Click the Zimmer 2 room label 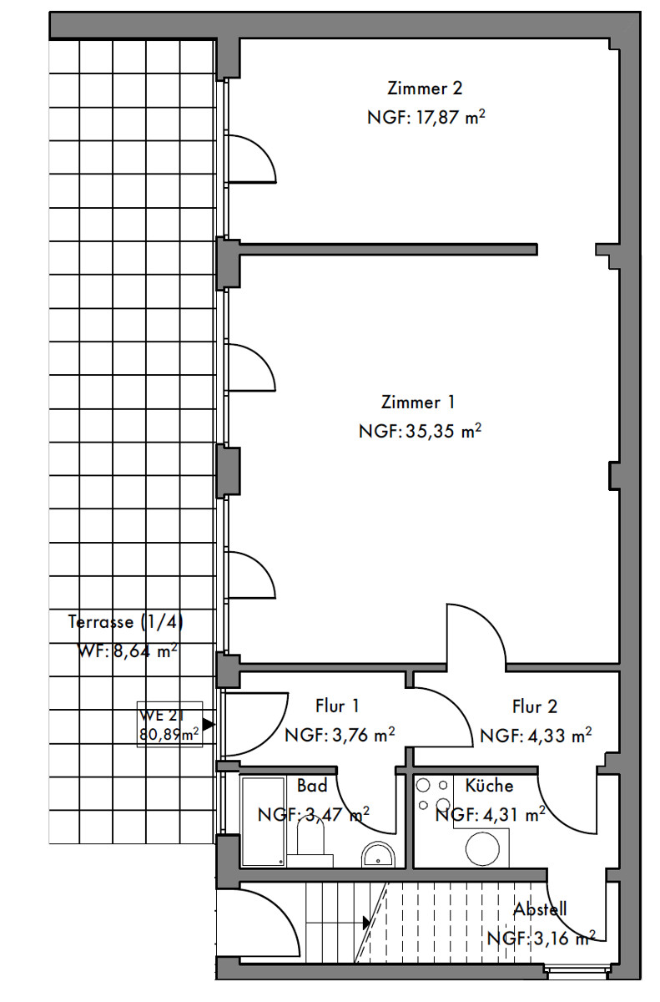coord(425,89)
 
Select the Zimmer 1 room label coord(418,402)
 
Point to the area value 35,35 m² coord(443,431)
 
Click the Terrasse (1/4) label coord(125,622)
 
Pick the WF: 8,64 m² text coord(128,650)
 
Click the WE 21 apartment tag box coord(169,724)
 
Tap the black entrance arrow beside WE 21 coord(209,724)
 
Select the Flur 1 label coord(337,706)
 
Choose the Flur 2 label coord(535,706)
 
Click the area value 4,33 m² coord(560,736)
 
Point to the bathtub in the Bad coord(263,822)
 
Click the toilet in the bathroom coord(311,840)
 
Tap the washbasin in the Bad coord(378,854)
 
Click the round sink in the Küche coord(482,849)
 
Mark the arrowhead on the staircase coord(367,923)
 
